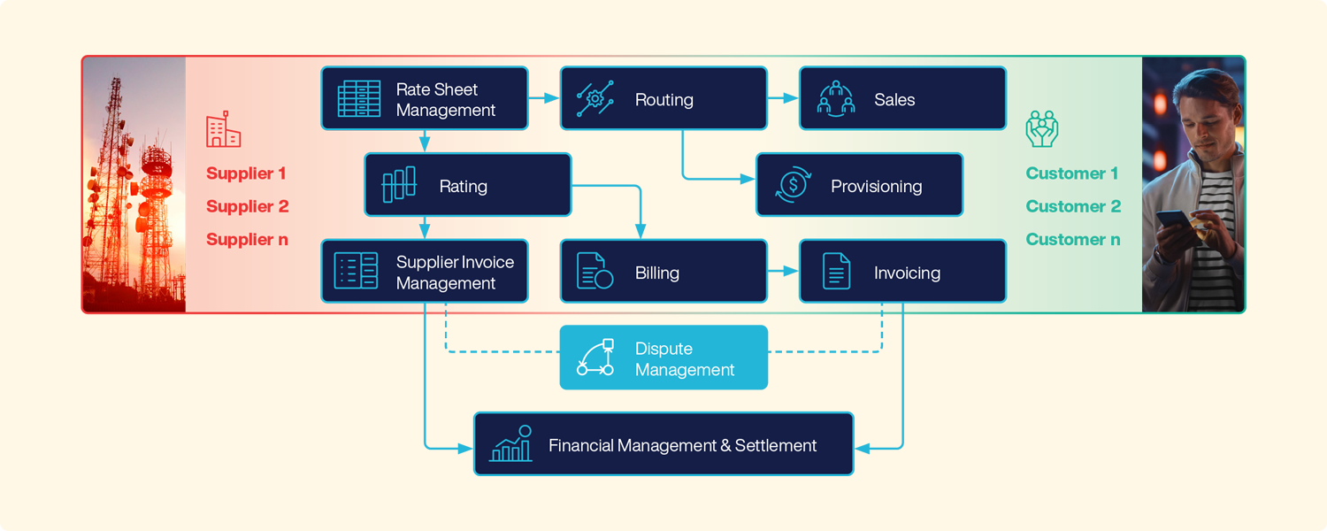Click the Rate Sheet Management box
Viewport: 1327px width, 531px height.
click(425, 99)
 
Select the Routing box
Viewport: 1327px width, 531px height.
click(663, 99)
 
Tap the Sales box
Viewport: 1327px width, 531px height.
click(902, 99)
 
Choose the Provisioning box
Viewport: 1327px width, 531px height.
click(859, 185)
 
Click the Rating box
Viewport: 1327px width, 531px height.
click(468, 185)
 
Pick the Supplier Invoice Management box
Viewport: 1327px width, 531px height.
click(425, 272)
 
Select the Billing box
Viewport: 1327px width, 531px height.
click(663, 272)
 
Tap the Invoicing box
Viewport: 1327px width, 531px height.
click(902, 272)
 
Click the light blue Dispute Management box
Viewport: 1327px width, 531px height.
click(663, 358)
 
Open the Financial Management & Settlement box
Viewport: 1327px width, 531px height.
click(663, 444)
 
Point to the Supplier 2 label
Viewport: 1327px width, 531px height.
click(247, 206)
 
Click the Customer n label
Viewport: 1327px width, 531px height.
click(1072, 239)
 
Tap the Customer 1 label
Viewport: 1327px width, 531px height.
click(1071, 173)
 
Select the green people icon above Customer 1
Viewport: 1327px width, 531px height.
click(1042, 128)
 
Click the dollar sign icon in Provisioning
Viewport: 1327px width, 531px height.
click(793, 186)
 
